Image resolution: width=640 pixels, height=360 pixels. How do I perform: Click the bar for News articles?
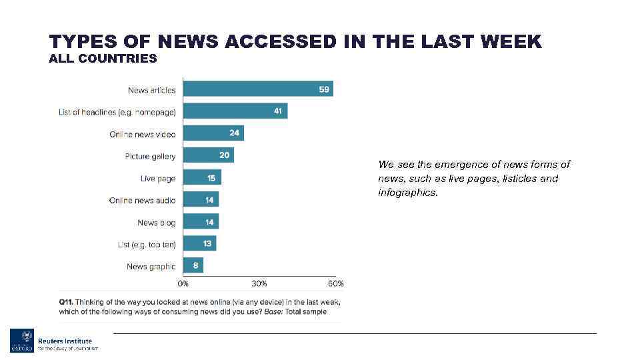257,89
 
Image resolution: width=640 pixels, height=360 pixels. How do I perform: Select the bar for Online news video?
213,133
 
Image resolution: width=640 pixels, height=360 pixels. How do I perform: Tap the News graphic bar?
193,266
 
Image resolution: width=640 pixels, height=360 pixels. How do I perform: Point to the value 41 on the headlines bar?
278,111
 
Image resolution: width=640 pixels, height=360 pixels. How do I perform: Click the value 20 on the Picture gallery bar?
225,155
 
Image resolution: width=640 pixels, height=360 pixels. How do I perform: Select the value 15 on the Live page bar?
211,178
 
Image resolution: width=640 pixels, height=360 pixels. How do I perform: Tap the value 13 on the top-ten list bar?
207,244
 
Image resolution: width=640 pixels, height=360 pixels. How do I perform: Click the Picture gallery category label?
150,156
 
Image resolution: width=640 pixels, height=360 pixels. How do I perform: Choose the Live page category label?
158,179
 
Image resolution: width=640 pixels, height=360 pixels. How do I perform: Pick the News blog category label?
156,223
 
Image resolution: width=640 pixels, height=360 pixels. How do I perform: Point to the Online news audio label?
142,201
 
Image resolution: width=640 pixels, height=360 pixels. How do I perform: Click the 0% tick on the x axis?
183,283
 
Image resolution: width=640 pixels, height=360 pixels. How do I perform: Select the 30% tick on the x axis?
259,283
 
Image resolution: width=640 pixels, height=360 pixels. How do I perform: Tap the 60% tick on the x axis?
335,283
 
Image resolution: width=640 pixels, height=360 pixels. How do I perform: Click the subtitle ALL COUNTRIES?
103,59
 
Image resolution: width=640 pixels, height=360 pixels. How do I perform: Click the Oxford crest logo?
21,341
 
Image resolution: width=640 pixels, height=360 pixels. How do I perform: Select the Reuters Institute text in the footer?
65,341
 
